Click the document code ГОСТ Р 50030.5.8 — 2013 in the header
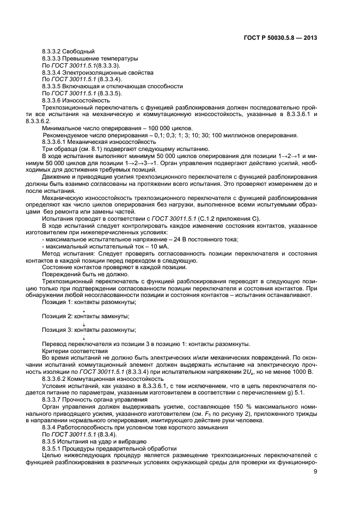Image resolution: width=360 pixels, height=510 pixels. click(281, 38)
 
